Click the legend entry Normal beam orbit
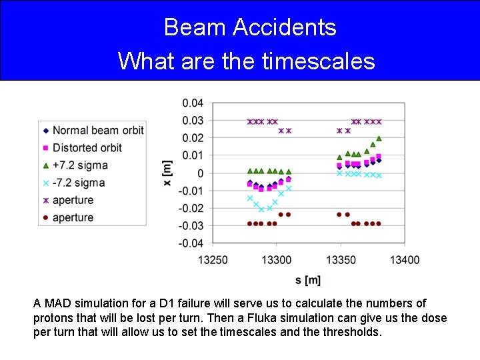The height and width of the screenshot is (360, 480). (98, 130)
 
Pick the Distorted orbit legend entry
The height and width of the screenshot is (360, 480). (87, 147)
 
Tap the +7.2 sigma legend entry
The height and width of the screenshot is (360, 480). (80, 165)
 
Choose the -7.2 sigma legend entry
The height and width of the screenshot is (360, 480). (79, 183)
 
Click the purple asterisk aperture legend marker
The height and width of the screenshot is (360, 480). (45, 200)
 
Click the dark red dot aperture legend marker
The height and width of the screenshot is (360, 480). (45, 217)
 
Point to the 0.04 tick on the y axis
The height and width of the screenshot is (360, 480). (193, 103)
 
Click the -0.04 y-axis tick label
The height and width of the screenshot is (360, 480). (192, 243)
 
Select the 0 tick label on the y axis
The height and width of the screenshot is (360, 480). (200, 173)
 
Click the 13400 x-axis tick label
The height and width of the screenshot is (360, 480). (404, 259)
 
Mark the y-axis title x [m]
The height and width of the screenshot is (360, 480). (167, 173)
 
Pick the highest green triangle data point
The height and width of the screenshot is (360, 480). (379, 139)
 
